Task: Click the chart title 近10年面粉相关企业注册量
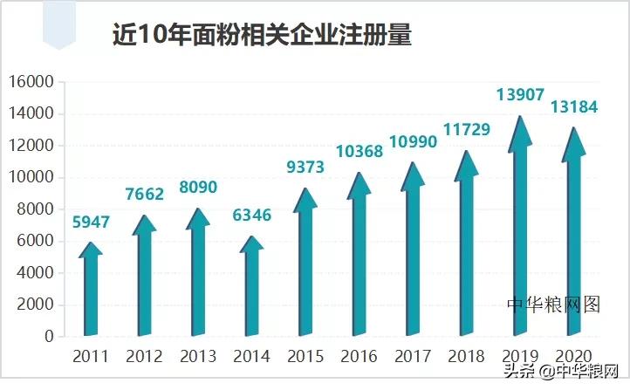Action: click(262, 34)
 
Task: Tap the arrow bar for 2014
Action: click(251, 288)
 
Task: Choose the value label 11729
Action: click(467, 129)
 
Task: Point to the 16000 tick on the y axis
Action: click(31, 82)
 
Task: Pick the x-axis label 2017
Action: click(413, 357)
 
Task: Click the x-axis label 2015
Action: click(305, 357)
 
